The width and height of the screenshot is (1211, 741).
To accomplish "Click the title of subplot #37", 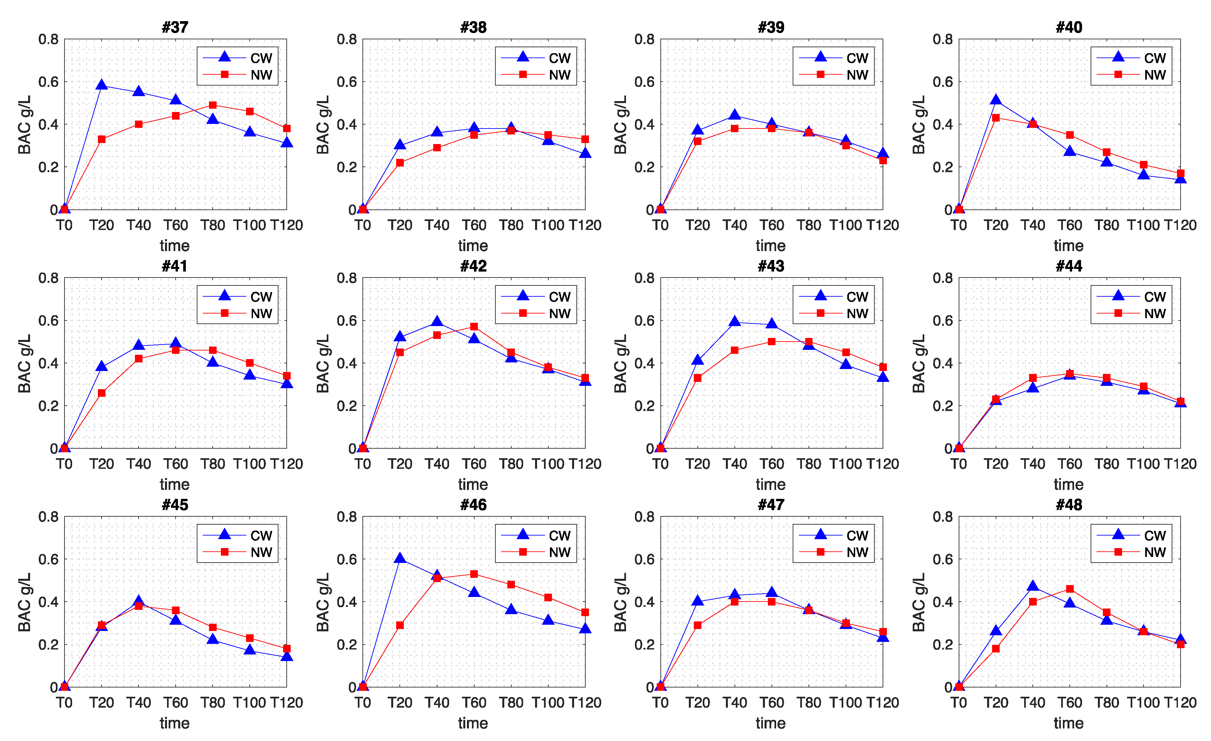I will point(175,27).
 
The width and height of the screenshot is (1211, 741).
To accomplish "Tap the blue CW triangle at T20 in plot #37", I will point(102,85).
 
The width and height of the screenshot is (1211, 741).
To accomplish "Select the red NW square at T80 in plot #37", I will point(213,105).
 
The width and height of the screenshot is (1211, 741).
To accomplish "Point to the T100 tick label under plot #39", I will point(845,225).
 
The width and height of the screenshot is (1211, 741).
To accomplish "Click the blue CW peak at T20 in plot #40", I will point(996,100).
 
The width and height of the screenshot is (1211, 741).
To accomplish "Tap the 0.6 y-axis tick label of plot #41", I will point(48,321).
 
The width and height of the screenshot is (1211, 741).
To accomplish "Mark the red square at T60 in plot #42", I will point(474,326).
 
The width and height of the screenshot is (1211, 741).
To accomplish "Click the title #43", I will point(771,266).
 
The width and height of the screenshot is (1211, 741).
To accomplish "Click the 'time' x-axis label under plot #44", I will point(1068,484).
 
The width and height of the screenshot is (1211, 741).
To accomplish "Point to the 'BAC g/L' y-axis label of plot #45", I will point(24,602).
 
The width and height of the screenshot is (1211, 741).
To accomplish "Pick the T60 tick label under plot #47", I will point(772,702).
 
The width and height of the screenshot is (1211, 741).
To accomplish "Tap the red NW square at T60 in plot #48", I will point(1070,589).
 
